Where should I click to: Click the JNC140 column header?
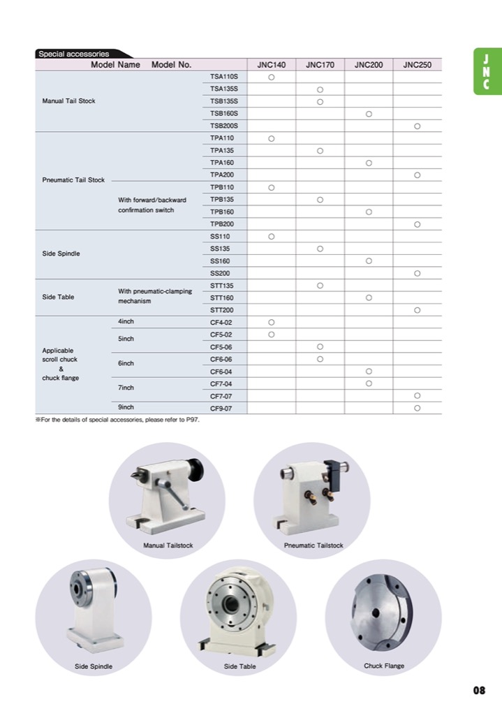[x=271, y=64]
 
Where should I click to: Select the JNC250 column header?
[x=417, y=64]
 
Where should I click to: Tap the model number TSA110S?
[x=224, y=76]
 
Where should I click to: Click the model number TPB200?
[x=222, y=223]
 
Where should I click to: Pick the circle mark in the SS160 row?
[x=368, y=261]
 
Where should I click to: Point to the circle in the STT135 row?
[x=320, y=285]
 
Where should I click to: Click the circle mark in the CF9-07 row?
[x=417, y=407]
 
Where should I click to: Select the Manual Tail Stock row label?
[x=68, y=101]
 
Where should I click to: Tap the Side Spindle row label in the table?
[x=61, y=254]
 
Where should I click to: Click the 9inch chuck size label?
[x=126, y=406]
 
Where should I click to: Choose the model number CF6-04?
[x=221, y=371]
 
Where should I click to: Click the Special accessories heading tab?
[x=74, y=53]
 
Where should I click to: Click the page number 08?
[x=478, y=691]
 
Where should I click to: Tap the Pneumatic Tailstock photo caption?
[x=313, y=545]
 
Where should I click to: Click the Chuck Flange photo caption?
[x=384, y=666]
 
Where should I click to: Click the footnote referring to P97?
[x=117, y=421]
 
